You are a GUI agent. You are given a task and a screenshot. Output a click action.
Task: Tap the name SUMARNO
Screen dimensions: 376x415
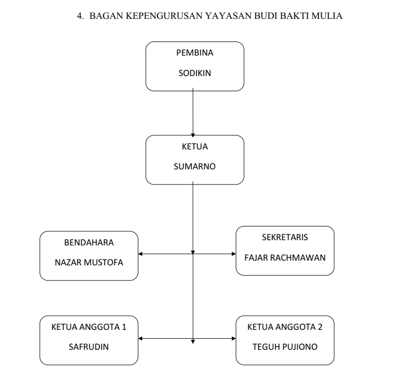tap(194, 168)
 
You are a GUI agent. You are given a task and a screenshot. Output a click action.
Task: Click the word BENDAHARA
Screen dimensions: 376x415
tap(89, 243)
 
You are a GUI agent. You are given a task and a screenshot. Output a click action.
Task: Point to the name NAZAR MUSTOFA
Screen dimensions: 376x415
tap(89, 262)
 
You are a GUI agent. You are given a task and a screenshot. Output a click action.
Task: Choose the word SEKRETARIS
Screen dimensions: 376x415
tap(285, 237)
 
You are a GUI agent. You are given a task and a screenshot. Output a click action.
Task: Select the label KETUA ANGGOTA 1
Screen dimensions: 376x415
tap(89, 328)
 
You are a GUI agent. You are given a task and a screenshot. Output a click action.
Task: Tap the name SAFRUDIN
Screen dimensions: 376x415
tap(89, 347)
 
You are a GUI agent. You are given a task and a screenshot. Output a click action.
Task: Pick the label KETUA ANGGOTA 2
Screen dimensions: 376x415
tap(285, 328)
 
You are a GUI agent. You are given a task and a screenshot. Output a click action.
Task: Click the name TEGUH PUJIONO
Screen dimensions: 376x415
tap(285, 347)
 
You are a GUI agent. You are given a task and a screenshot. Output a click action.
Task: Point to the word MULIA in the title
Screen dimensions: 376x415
tap(330, 16)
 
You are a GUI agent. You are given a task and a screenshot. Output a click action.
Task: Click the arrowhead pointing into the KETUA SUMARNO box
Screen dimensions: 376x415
tap(194, 133)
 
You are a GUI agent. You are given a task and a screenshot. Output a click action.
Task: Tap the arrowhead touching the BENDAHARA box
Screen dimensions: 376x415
tap(141, 254)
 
